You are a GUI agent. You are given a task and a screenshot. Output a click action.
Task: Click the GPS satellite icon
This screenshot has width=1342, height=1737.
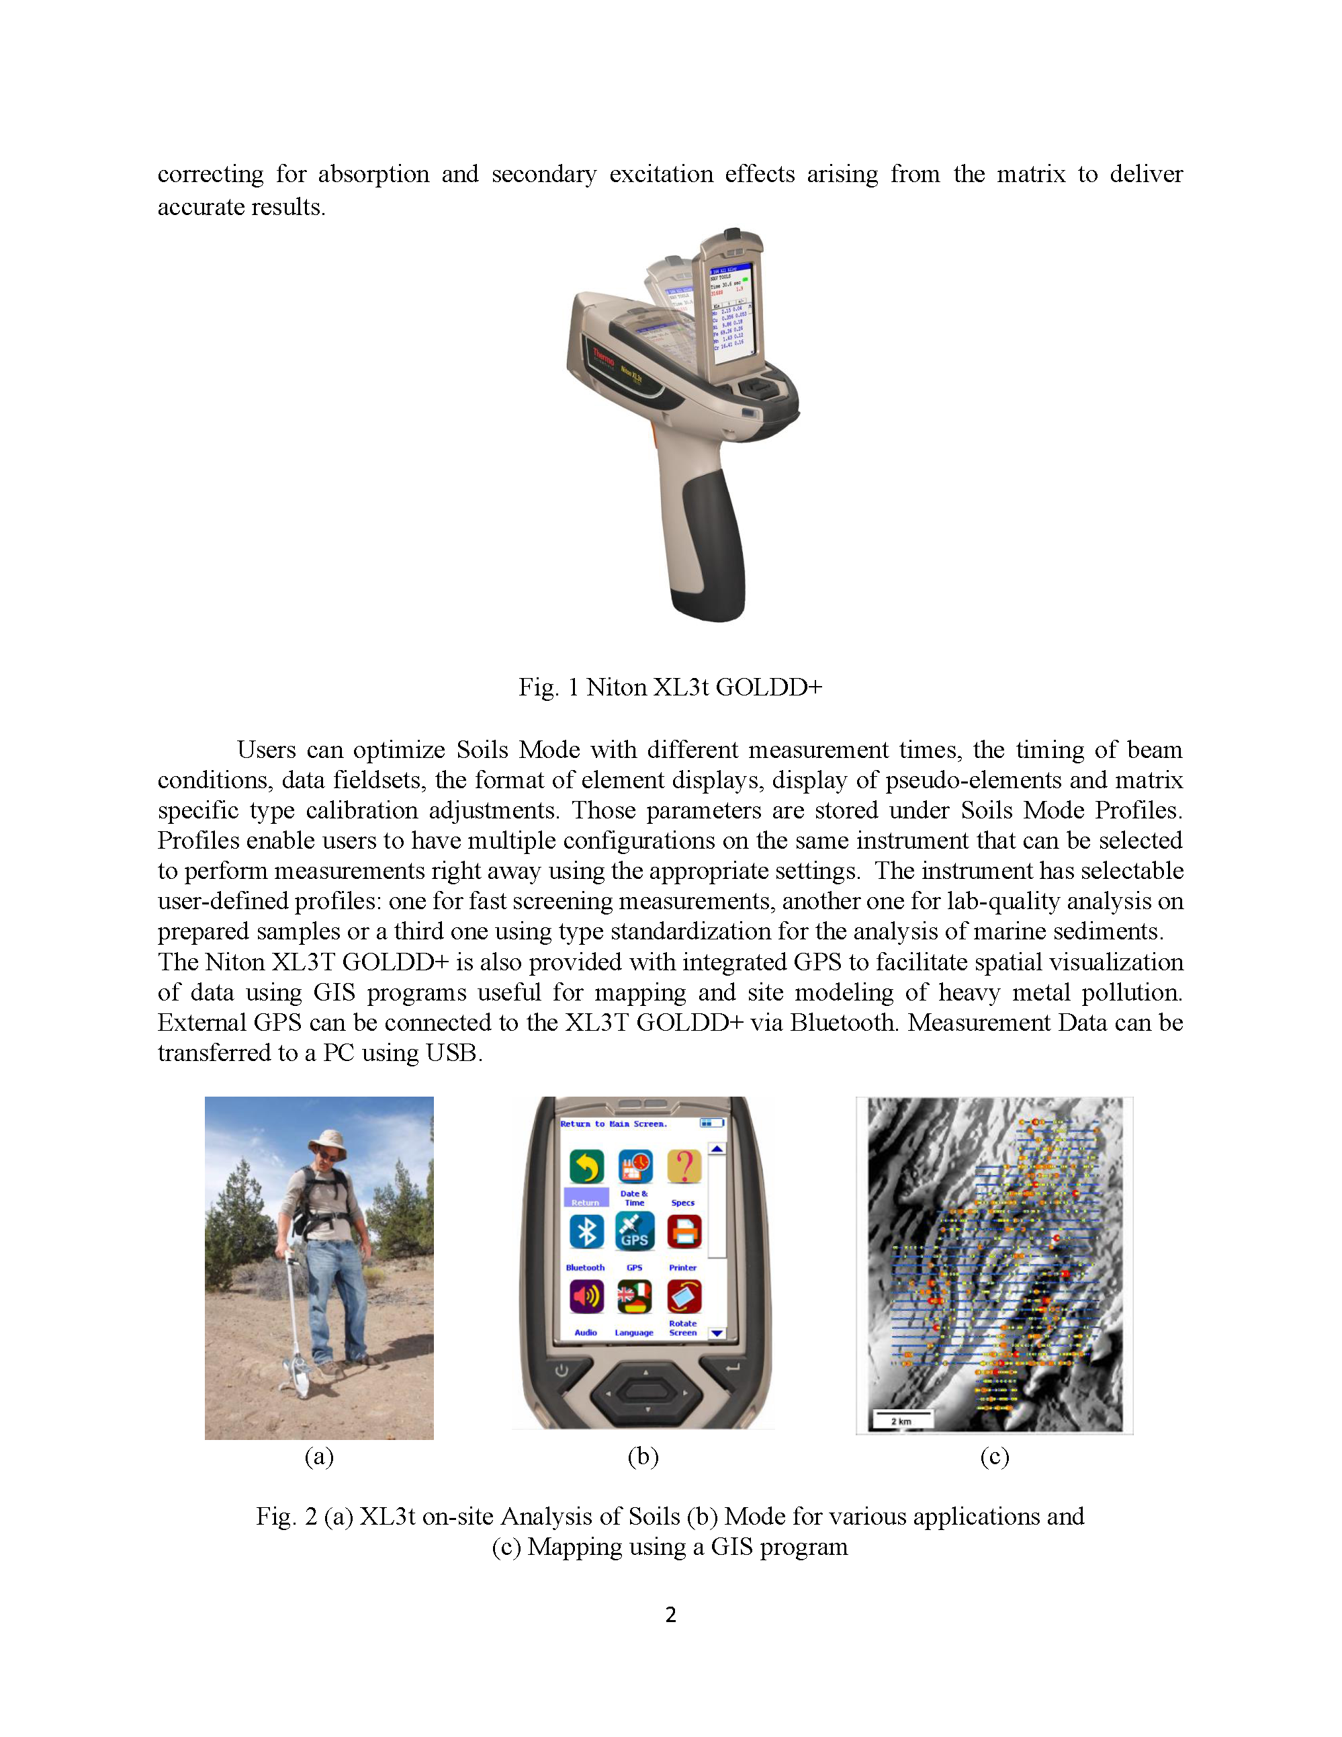pyautogui.click(x=635, y=1231)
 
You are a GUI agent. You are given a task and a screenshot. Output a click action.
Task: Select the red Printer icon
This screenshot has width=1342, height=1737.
pyautogui.click(x=684, y=1231)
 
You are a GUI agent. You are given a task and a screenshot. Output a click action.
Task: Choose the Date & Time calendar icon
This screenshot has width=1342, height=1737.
pyautogui.click(x=635, y=1166)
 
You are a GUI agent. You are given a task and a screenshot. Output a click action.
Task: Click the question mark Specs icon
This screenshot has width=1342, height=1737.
pyautogui.click(x=684, y=1166)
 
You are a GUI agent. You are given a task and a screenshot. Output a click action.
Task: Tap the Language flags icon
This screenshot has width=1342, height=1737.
pyautogui.click(x=635, y=1296)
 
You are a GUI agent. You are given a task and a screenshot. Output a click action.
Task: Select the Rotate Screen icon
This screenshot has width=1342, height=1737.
pyautogui.click(x=684, y=1296)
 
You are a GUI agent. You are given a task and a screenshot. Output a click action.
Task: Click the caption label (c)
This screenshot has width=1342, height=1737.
pyautogui.click(x=994, y=1456)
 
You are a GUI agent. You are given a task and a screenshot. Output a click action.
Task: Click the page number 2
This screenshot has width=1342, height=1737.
pyautogui.click(x=671, y=1615)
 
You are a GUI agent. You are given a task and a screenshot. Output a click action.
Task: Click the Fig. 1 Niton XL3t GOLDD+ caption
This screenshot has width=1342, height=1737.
pyautogui.click(x=670, y=687)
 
